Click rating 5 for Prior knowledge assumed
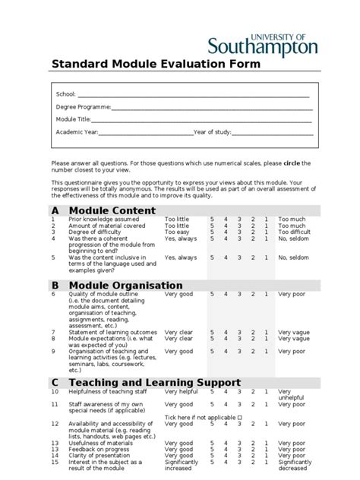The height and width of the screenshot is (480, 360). (213, 219)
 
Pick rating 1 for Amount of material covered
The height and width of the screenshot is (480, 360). (266, 226)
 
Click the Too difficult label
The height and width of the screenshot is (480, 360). (294, 232)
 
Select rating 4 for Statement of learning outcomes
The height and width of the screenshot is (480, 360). (226, 332)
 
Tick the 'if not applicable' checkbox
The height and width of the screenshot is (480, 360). (240, 417)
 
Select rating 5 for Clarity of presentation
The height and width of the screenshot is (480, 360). (213, 455)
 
